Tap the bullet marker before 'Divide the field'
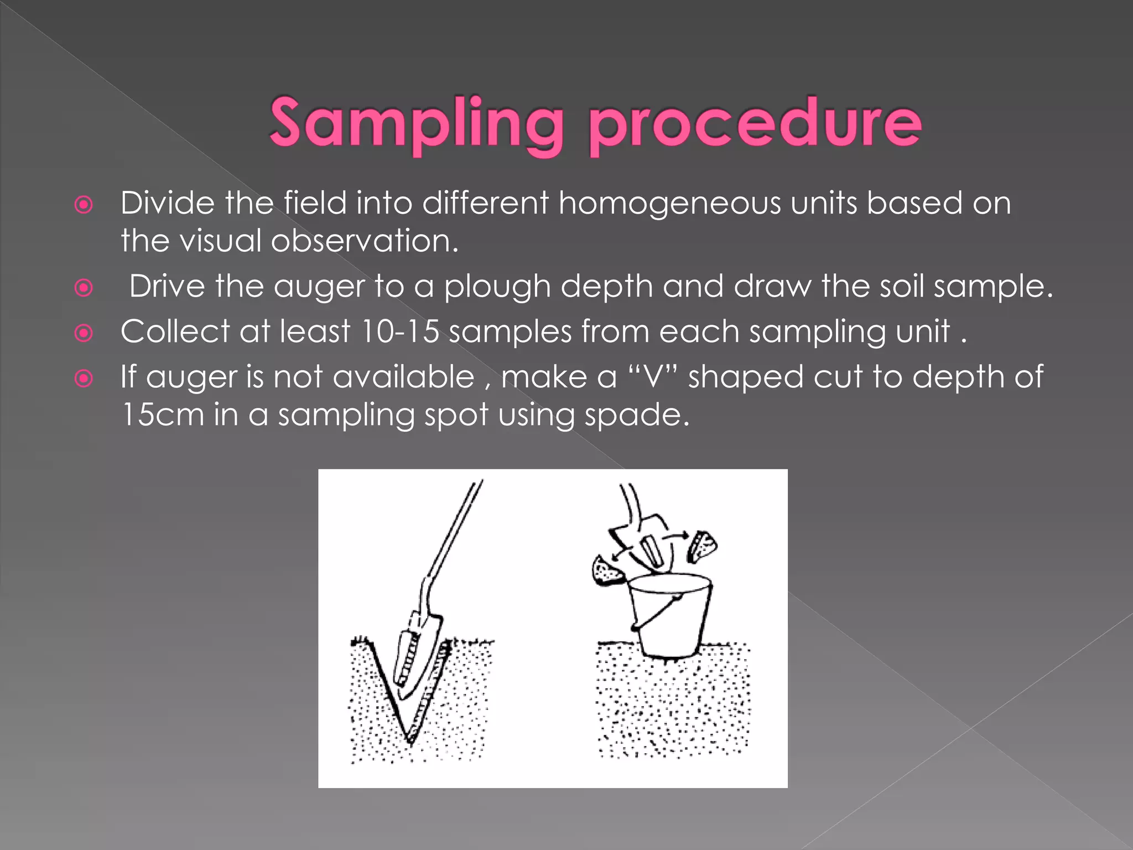pyautogui.click(x=84, y=205)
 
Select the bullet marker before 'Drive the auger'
pyautogui.click(x=84, y=288)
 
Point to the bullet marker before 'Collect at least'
pyautogui.click(x=84, y=333)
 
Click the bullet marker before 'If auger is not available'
pyautogui.click(x=84, y=379)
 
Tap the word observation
pyautogui.click(x=365, y=241)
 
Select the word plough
pyautogui.click(x=497, y=287)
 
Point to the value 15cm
pyautogui.click(x=163, y=415)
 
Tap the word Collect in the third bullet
pyautogui.click(x=175, y=331)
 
